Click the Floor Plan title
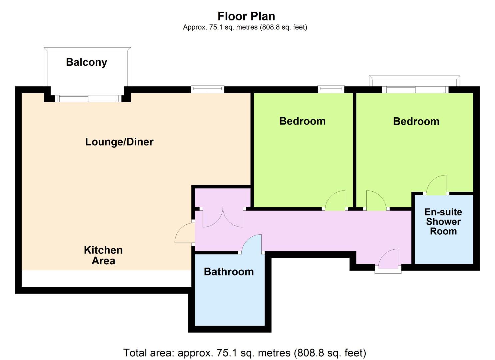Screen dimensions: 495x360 point(246,16)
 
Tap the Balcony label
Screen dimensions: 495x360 point(87,62)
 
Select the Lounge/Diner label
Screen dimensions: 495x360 point(119,142)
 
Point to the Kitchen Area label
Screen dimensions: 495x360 point(103,255)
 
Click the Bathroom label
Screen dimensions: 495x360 point(229,272)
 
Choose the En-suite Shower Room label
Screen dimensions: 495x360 point(443,222)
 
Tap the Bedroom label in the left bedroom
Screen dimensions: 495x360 point(302,121)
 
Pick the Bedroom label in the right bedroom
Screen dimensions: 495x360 point(416,122)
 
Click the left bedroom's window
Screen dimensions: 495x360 point(331,89)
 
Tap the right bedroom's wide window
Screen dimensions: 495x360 point(415,90)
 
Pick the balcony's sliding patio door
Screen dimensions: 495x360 point(88,98)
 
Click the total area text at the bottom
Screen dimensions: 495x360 point(245,353)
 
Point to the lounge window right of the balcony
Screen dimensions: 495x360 point(208,89)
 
